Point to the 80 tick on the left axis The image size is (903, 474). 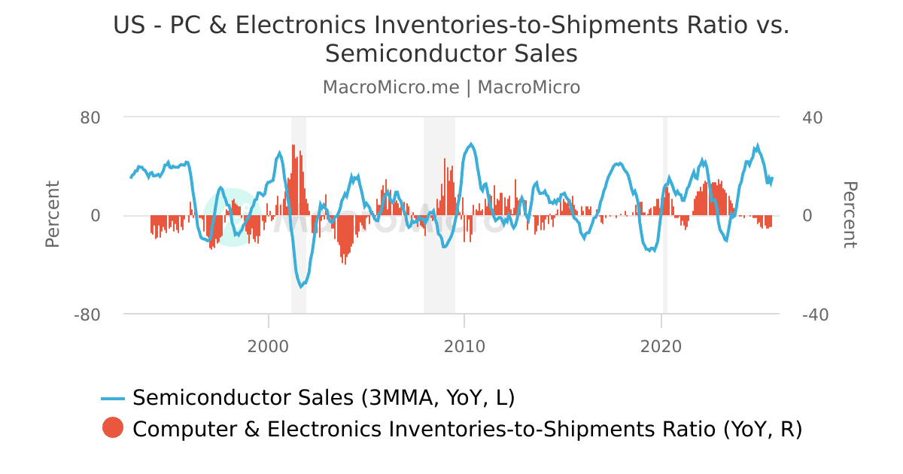90,117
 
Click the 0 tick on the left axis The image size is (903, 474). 96,216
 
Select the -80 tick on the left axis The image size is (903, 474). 87,314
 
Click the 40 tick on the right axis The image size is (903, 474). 812,117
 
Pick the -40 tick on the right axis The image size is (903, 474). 815,314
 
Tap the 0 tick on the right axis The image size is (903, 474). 807,216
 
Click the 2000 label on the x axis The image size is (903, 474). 269,347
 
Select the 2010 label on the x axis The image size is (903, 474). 464,347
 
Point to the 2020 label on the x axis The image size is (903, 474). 661,347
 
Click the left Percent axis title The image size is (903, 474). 53,214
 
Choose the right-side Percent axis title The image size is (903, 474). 849,214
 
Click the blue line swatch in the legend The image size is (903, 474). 113,398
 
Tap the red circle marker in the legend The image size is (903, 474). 113,428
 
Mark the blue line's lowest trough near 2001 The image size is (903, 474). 301,287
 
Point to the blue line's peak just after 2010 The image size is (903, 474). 471,144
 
